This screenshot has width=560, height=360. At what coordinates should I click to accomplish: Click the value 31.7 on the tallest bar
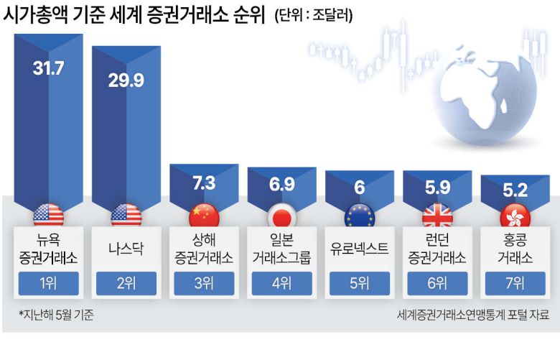pos(49,69)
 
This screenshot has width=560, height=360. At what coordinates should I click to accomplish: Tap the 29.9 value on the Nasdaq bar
pos(126,80)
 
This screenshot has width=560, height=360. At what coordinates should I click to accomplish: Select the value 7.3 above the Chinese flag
pos(204,183)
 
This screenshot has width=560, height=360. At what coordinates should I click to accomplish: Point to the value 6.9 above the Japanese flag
pos(281,184)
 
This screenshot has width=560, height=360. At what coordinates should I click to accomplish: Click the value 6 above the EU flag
pos(359,187)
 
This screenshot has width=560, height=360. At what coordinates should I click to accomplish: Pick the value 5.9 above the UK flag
pos(437,188)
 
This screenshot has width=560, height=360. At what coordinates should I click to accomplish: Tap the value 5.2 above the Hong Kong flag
pos(514,190)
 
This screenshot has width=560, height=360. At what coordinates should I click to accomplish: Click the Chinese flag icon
pos(204,215)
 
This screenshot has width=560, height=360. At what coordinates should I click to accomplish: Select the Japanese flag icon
pos(281,215)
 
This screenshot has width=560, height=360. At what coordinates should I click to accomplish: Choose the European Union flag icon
pos(359,215)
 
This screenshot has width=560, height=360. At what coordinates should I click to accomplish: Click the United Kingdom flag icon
pos(437,215)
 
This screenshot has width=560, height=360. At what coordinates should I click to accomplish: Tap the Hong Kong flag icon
pos(514,215)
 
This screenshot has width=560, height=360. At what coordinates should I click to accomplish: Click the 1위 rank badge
pos(49,283)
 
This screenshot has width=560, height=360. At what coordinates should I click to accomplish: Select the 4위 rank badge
pos(281,283)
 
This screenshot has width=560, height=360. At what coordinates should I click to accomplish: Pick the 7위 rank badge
pos(514,283)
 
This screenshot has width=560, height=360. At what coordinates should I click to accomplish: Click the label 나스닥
pos(126,249)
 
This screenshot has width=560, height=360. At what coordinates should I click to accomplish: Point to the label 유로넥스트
pos(359,249)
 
